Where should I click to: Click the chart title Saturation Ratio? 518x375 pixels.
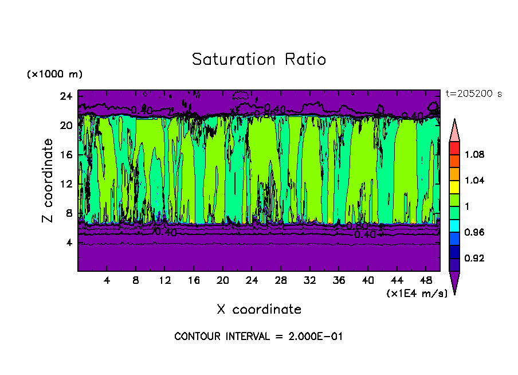(259, 60)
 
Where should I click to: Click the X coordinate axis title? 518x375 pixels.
(259, 310)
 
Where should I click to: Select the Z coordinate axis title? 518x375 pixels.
(48, 181)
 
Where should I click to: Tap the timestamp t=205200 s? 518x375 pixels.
(473, 94)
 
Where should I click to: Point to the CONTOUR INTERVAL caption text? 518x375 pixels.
(258, 337)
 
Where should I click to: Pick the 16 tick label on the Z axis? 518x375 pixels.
(66, 155)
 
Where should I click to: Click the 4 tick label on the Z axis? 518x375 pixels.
(69, 243)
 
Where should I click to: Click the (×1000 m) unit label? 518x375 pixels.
(54, 75)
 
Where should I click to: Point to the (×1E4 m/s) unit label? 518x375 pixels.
(413, 294)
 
